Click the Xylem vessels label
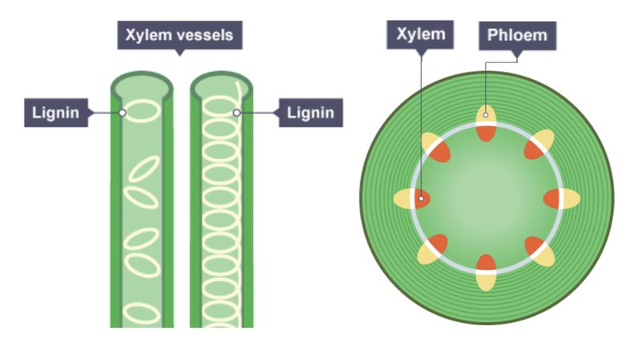pos(180,35)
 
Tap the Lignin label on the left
pos(56,113)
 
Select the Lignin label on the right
pos(310,113)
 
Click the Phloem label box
pos(517,36)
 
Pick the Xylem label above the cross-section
pos(420,35)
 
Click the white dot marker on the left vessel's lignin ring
pos(122,113)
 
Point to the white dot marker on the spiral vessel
pos(236,113)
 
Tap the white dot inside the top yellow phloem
pos(486,114)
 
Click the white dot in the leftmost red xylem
pos(421,198)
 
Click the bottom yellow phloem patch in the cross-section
pos(486,282)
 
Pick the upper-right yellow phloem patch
pos(544,138)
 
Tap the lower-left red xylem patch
pos(438,244)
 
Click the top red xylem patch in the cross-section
pos(486,133)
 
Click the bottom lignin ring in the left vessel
pos(141,313)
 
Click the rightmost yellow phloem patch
pos(571,198)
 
